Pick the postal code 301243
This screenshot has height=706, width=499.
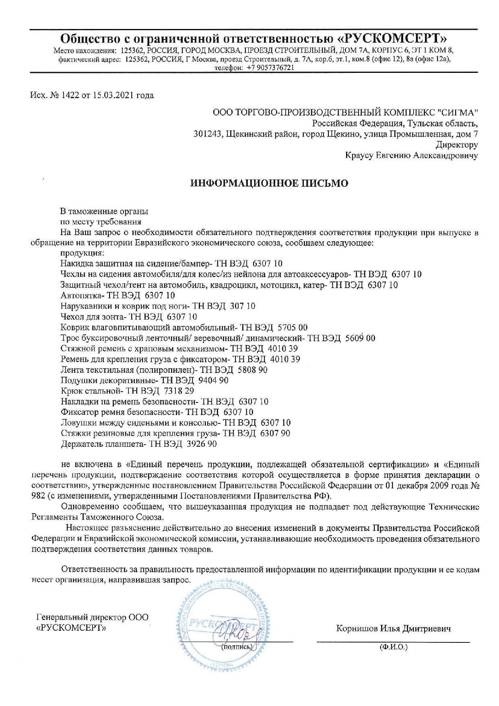click(208, 134)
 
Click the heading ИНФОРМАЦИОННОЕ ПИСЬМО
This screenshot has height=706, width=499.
click(269, 184)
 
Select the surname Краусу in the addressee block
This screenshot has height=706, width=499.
click(359, 155)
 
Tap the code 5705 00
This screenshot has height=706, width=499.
click(293, 327)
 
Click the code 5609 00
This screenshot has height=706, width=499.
click(360, 338)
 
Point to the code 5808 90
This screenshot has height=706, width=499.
click(253, 370)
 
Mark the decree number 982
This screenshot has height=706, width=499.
click(38, 495)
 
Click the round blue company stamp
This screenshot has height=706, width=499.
click(217, 628)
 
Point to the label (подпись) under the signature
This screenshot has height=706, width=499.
click(237, 647)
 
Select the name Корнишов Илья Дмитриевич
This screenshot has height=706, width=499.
click(393, 628)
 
